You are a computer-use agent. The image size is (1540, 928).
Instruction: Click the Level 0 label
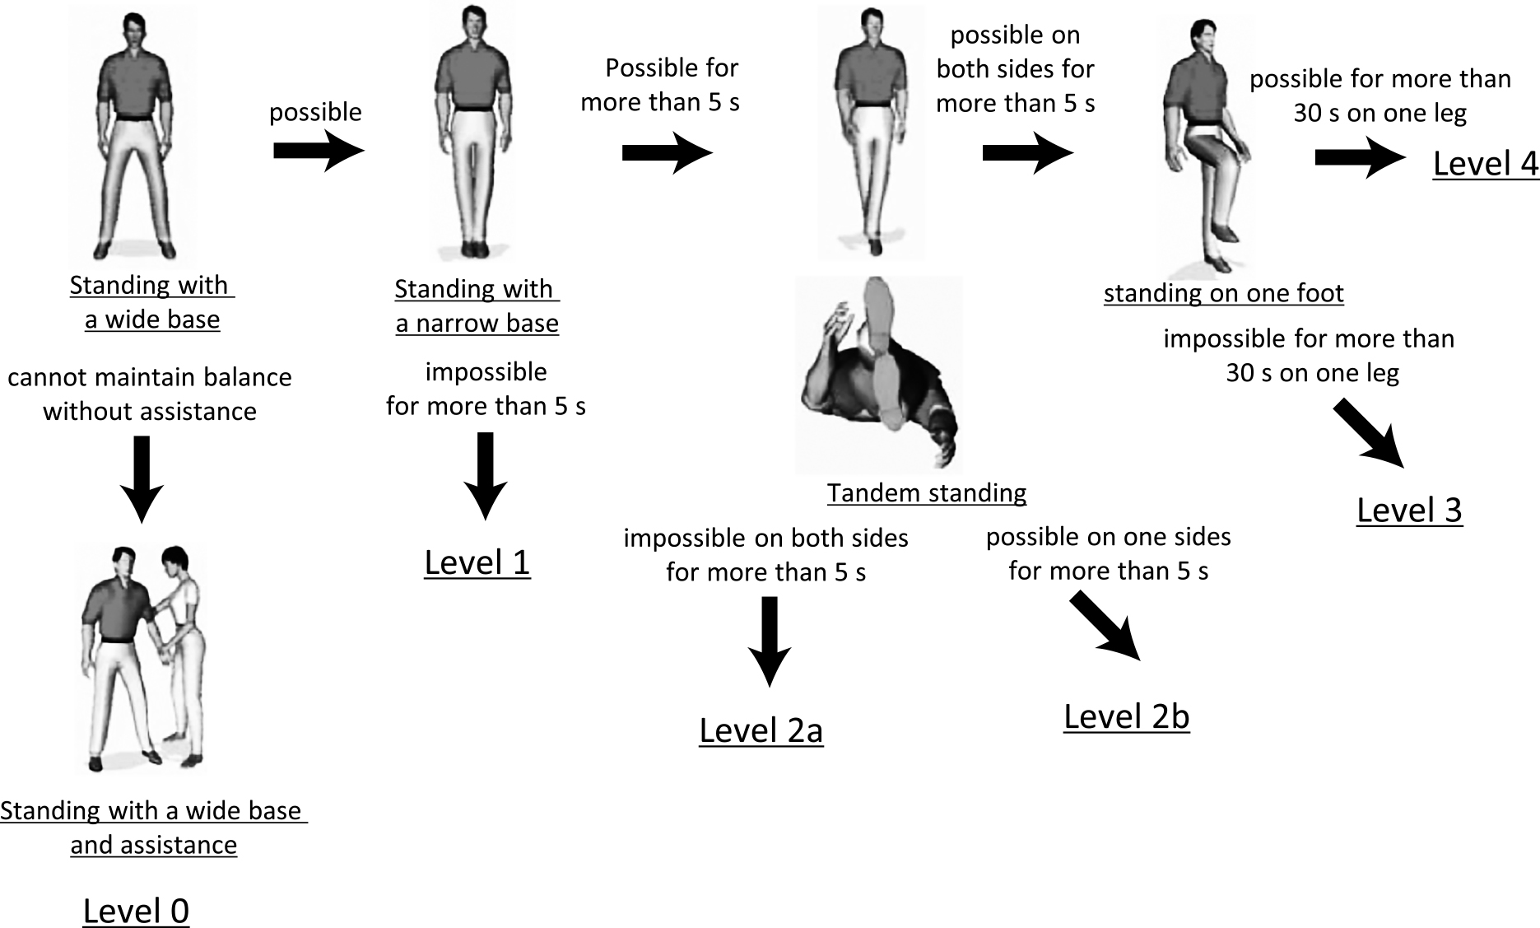coord(136,911)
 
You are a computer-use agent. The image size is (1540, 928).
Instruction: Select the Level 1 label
coord(477,562)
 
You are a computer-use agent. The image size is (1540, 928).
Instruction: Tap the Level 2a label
coord(761,730)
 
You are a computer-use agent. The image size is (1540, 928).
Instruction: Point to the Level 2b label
coord(1126,716)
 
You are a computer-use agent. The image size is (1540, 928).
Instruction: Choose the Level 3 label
coord(1409,510)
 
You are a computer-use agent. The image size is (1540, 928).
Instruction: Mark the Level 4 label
coord(1485,163)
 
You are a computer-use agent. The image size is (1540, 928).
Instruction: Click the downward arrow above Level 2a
coord(769,641)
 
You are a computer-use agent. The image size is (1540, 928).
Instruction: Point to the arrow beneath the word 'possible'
coord(318,151)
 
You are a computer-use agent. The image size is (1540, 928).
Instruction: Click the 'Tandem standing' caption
coord(926,492)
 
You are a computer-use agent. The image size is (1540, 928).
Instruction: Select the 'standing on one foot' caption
coord(1223,293)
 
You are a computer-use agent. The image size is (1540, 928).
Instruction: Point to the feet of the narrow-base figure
coord(473,248)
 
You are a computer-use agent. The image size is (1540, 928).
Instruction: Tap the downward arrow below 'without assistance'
coord(142,478)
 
